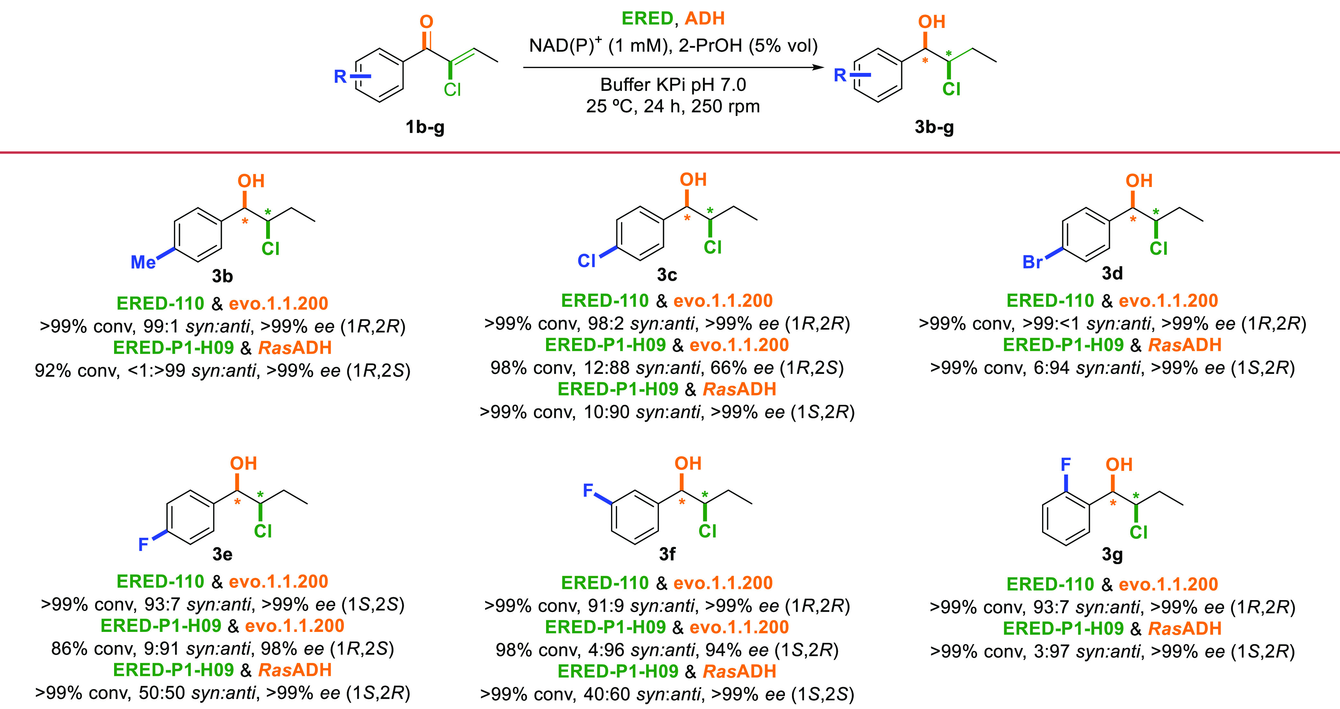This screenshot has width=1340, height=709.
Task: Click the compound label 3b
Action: point(222,276)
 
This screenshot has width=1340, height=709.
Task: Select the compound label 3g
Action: point(1112,554)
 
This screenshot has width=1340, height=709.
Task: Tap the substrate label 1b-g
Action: point(425,127)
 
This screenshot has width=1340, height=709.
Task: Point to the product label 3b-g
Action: point(934,127)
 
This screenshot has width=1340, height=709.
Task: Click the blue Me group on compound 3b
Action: point(143,262)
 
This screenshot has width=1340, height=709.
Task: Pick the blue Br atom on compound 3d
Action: point(1033,262)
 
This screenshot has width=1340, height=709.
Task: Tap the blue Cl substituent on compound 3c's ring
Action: point(586,261)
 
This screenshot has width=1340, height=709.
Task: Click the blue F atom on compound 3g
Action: point(1066,464)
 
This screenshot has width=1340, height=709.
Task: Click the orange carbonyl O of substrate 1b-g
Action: point(426,22)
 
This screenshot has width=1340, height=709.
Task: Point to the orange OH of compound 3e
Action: point(243,463)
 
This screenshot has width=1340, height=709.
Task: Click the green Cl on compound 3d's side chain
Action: point(1158,248)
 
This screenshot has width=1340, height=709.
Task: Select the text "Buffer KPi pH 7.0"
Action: point(673,85)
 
